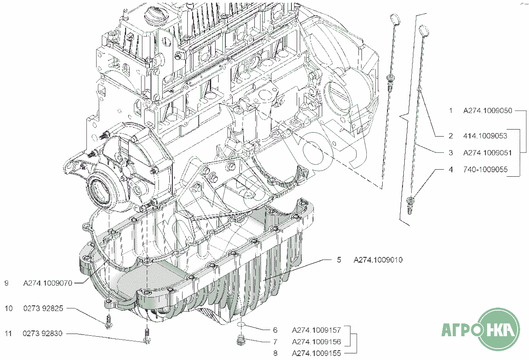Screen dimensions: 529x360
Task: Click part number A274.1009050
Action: (488, 111)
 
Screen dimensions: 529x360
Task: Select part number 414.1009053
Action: (485, 136)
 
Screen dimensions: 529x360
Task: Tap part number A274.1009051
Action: (488, 153)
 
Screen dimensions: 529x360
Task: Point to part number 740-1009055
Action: (485, 170)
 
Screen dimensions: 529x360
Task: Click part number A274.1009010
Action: (378, 260)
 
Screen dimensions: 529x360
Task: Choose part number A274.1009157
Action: (317, 330)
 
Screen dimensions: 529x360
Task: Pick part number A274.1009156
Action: (317, 341)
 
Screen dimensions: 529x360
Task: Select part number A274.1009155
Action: (317, 353)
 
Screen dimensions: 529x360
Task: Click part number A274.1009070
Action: (48, 283)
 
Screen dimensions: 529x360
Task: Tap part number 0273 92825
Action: (43, 308)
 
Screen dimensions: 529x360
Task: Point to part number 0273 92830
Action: (42, 334)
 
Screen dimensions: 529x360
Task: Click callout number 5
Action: (339, 260)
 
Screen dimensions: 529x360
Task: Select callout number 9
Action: (7, 283)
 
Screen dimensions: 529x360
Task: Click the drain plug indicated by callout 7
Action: (240, 340)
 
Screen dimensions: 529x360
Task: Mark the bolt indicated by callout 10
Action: (108, 322)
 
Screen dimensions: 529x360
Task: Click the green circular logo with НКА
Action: (499, 330)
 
